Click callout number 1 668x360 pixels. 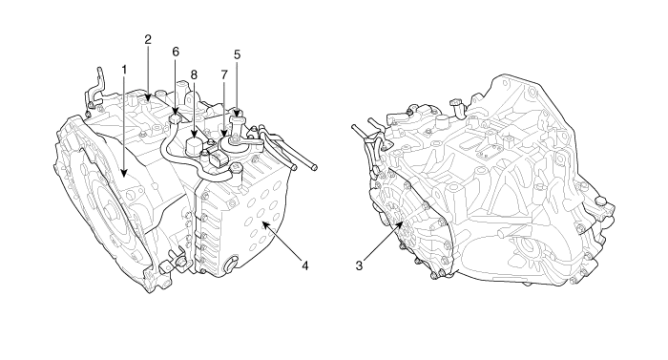point(124,70)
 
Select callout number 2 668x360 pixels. point(148,40)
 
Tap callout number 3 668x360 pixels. point(359,265)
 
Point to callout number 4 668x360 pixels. point(304,265)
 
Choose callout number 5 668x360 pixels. point(238,54)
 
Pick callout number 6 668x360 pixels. point(176,52)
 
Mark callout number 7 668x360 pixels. point(224,74)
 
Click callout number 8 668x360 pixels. point(194,75)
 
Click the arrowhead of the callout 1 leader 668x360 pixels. point(124,172)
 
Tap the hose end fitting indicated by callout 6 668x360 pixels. point(175,117)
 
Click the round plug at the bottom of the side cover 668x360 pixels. point(231,264)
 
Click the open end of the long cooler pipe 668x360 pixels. point(314,167)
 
